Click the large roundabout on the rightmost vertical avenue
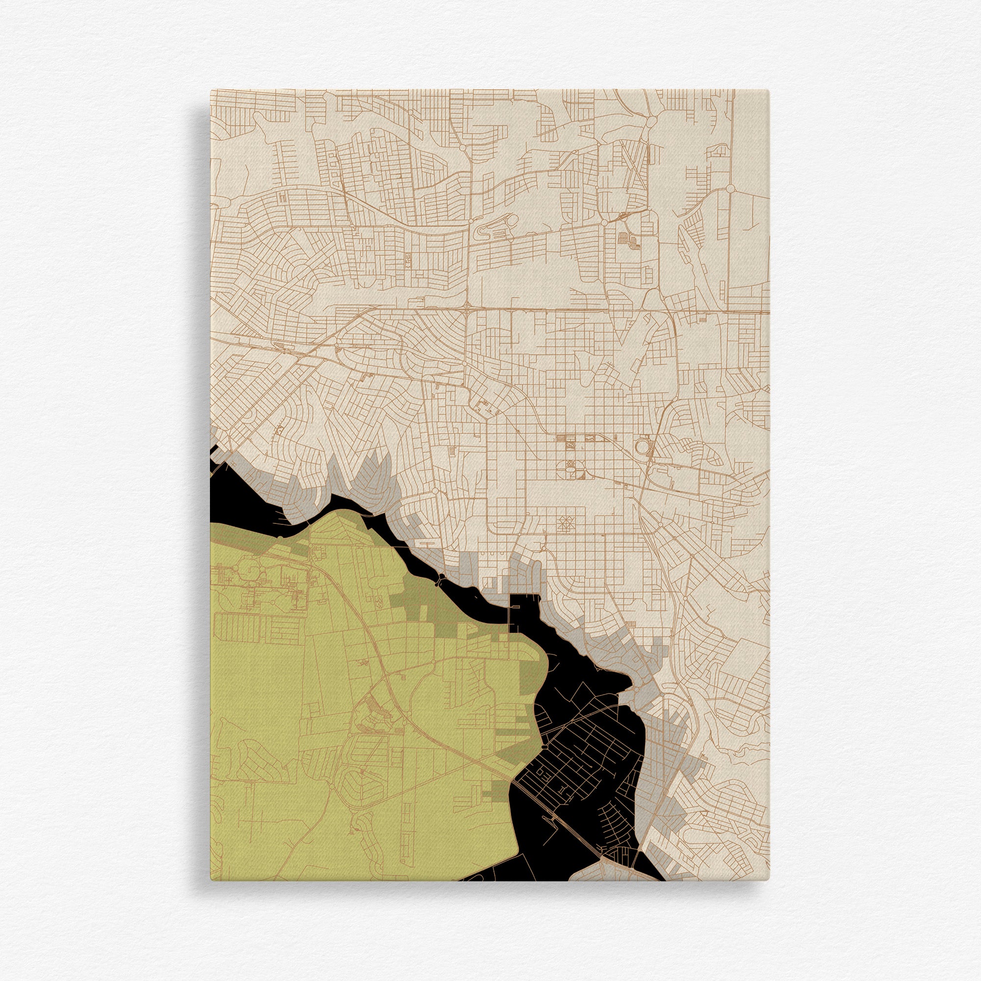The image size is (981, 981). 730,188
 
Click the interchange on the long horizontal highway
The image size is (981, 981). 466,307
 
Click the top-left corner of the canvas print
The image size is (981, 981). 211,90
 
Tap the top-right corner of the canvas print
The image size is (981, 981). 770,90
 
